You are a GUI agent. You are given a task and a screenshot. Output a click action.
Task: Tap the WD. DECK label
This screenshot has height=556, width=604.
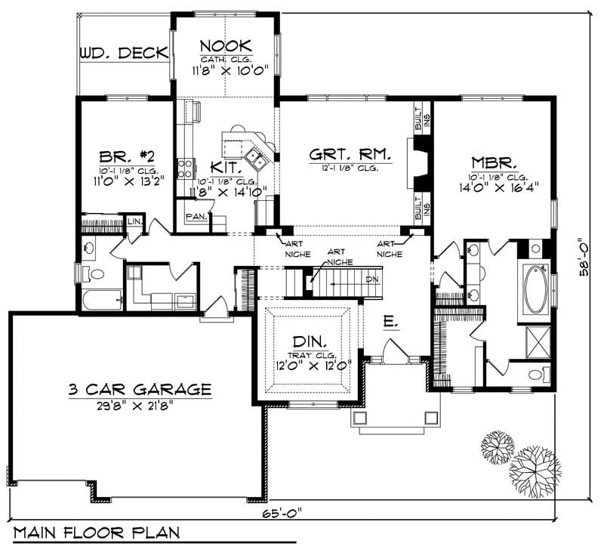(x=122, y=54)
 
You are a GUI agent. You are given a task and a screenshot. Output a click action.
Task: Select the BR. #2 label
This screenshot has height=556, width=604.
(x=127, y=157)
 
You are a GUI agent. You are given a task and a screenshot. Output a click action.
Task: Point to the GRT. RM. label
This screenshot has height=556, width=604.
(x=350, y=155)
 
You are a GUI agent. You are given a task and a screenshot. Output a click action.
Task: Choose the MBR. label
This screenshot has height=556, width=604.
(x=494, y=162)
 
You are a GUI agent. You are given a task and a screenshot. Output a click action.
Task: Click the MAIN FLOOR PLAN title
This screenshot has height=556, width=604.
(x=97, y=532)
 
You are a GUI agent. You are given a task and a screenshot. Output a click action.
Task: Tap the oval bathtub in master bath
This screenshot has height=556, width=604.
(x=537, y=290)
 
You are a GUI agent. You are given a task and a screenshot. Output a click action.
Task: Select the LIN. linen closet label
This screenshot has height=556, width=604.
(x=134, y=221)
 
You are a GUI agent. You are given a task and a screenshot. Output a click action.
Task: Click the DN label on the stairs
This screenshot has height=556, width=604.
(x=371, y=278)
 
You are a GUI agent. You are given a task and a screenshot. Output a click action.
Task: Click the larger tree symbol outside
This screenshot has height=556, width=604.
(x=534, y=468)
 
